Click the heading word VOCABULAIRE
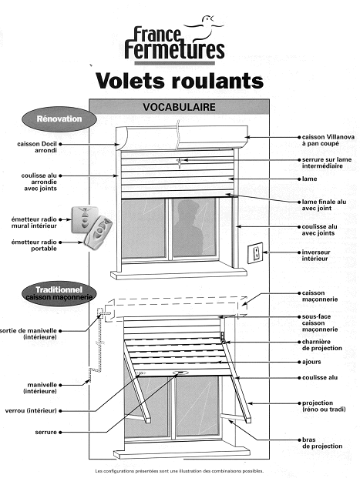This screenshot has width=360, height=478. (x=180, y=107)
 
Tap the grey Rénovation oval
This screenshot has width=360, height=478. (x=59, y=119)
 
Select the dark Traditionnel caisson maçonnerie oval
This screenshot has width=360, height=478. (x=59, y=293)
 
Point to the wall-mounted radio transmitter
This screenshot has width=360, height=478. (x=85, y=219)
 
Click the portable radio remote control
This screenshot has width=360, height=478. (x=99, y=233)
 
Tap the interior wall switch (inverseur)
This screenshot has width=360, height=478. (x=256, y=252)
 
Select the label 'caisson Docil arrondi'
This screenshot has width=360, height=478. (x=37, y=147)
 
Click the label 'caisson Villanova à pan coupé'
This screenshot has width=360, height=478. (x=328, y=140)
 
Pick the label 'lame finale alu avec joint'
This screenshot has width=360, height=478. (x=324, y=205)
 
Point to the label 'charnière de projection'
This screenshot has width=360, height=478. (x=321, y=345)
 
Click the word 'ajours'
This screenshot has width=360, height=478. (x=311, y=362)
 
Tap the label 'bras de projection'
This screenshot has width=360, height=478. (x=322, y=443)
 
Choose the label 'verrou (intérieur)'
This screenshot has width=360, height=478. (x=31, y=410)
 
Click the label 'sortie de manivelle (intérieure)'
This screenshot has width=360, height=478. (x=29, y=334)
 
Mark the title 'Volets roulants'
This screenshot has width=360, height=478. (x=180, y=81)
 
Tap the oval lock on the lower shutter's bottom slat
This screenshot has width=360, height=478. (x=180, y=373)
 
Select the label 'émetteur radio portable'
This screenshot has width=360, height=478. (x=34, y=245)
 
